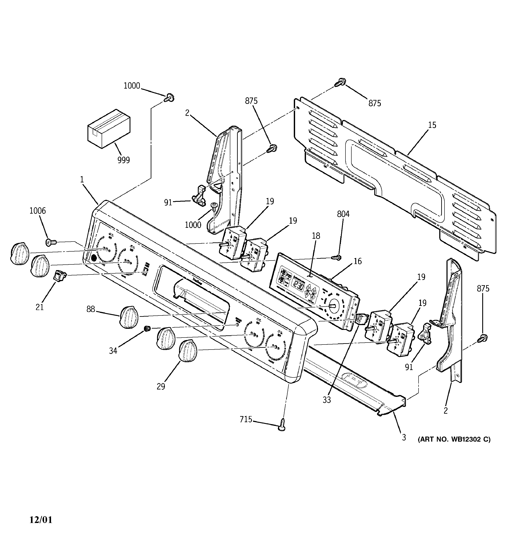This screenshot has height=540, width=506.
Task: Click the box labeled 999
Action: point(109,129)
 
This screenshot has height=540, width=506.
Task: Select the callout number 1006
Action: point(38,211)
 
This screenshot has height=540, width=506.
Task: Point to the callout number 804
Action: point(343,214)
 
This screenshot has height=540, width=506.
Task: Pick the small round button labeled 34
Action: point(147,329)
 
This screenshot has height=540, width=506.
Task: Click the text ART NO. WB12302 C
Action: point(454,439)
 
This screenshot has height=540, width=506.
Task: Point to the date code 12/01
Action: point(41,520)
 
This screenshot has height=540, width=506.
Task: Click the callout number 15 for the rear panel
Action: point(432,125)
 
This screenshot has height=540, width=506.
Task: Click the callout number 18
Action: point(316,236)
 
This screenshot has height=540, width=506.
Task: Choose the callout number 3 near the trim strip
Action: point(404,437)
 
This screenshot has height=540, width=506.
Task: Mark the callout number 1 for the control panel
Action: point(82,180)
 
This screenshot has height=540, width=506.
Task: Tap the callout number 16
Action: point(358,261)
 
